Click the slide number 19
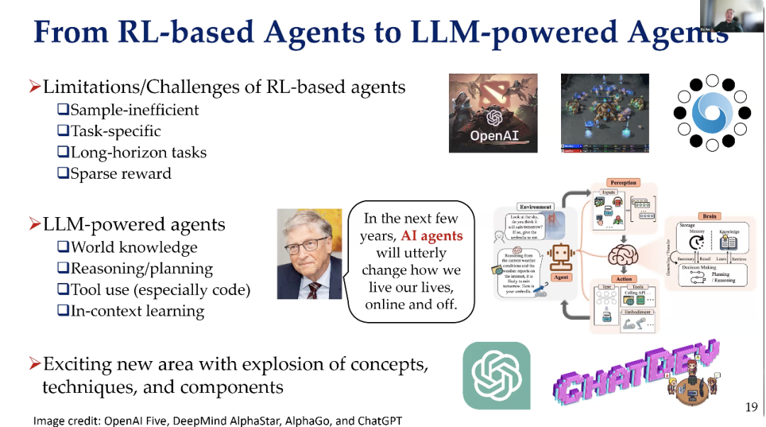[x=752, y=407]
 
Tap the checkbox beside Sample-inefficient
[x=62, y=110]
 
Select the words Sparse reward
[x=121, y=174]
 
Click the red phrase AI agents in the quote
[x=431, y=236]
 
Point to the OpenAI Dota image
[x=493, y=113]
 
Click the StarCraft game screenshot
[x=604, y=113]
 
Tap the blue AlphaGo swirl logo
[x=711, y=113]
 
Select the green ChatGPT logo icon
[x=496, y=375]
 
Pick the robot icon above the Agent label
[x=561, y=257]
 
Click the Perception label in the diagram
[x=623, y=183]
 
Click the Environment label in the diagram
[x=535, y=206]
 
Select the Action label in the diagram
[x=623, y=279]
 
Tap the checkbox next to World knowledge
[x=62, y=248]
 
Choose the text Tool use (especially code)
[x=160, y=290]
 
